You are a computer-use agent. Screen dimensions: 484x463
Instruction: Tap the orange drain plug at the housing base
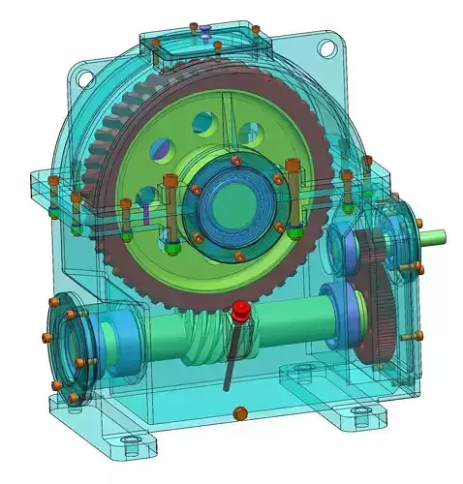point(239,414)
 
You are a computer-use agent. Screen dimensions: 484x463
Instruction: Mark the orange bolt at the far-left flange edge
point(46,335)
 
